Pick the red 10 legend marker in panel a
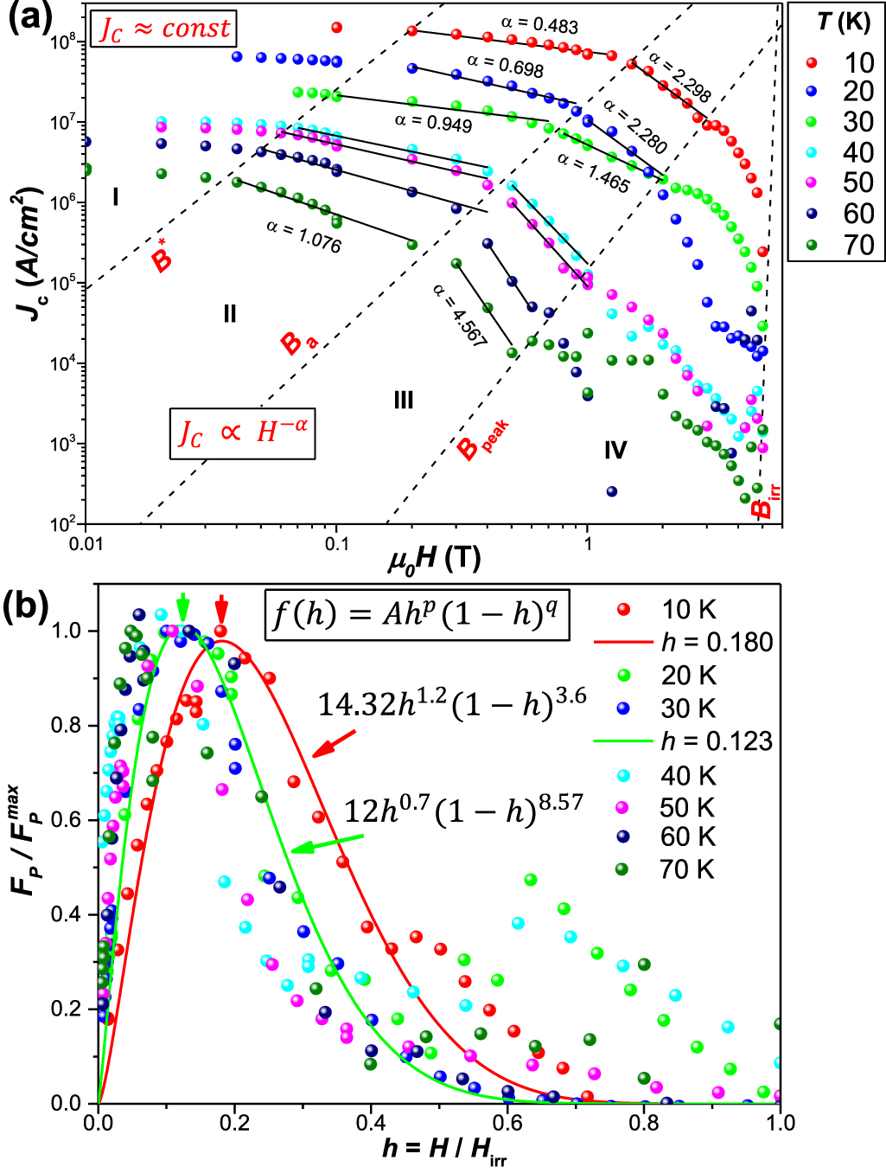click(811, 62)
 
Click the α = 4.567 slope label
click(460, 316)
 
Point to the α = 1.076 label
click(303, 235)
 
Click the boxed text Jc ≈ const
click(165, 29)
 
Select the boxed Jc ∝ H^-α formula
click(242, 433)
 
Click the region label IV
click(615, 450)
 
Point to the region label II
click(229, 314)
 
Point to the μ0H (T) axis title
click(434, 559)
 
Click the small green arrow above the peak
click(182, 603)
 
